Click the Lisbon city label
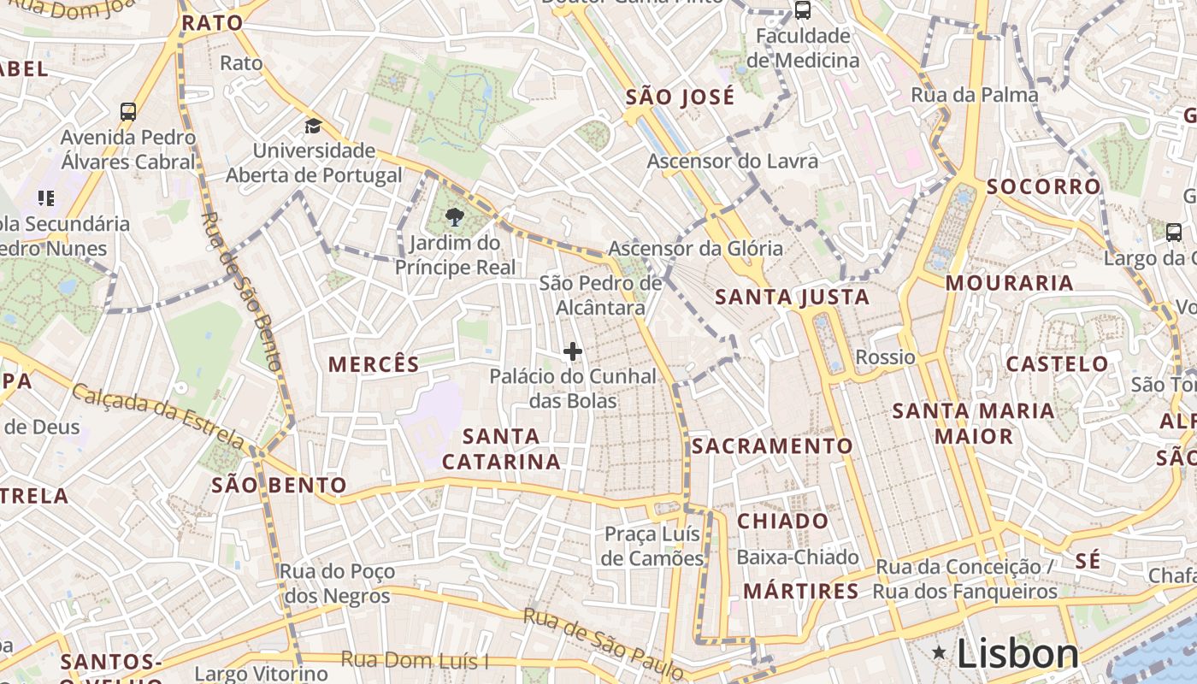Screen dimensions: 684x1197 point(1017,654)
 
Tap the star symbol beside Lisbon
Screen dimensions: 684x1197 point(939,654)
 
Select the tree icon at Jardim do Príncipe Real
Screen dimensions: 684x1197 point(455,217)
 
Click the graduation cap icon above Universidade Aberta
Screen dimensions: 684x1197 point(314,127)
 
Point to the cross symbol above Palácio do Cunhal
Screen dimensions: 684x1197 point(573,351)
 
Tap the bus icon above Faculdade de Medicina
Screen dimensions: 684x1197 point(802,10)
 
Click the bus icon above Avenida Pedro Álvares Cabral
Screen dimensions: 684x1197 point(128,111)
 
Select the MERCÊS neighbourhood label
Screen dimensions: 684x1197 point(374,364)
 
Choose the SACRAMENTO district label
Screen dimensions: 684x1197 point(772,446)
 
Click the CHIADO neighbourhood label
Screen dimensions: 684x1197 point(782,521)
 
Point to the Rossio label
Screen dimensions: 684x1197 point(885,357)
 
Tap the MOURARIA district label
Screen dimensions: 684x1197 point(1009,283)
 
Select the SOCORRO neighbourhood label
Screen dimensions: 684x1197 point(1044,186)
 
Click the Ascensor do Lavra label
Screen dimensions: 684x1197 point(732,161)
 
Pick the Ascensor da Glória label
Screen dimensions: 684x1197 point(695,249)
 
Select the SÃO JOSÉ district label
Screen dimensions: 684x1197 point(680,97)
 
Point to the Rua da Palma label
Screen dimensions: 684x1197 point(975,95)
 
